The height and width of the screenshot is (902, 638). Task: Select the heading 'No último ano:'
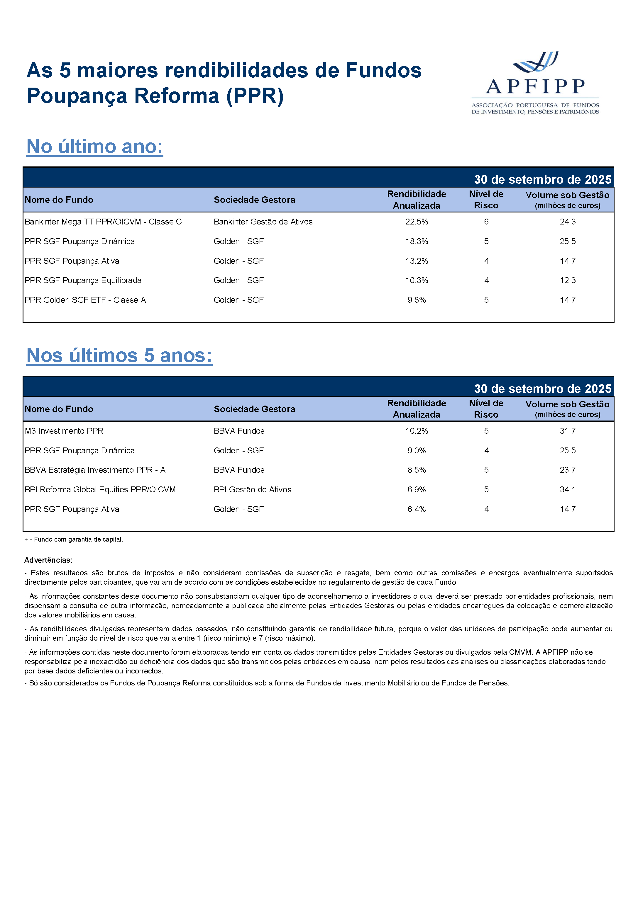click(94, 147)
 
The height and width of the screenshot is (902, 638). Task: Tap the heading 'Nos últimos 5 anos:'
click(119, 355)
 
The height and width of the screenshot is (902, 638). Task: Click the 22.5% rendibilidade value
click(417, 222)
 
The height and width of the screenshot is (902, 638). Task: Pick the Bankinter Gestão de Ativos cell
click(263, 222)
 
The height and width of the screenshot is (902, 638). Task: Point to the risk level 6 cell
click(486, 222)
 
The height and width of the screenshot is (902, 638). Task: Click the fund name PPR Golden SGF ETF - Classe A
click(85, 300)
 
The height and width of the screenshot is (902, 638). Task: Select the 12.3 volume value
click(567, 280)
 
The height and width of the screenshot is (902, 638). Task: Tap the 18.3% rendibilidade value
click(417, 241)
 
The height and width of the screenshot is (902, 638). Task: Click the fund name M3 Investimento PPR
click(64, 431)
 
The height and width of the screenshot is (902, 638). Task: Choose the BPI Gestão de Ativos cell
click(252, 489)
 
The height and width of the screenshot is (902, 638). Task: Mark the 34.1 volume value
click(567, 489)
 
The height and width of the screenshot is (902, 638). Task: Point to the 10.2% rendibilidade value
click(417, 431)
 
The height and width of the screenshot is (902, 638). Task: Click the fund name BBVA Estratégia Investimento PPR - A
click(95, 470)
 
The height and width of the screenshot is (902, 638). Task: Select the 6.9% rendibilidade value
click(417, 489)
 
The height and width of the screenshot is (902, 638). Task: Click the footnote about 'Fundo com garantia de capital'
click(74, 540)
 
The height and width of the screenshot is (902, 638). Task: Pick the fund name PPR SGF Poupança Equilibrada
click(83, 280)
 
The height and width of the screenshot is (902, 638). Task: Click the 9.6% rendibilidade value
click(417, 300)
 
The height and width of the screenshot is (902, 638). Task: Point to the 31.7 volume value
click(567, 431)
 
